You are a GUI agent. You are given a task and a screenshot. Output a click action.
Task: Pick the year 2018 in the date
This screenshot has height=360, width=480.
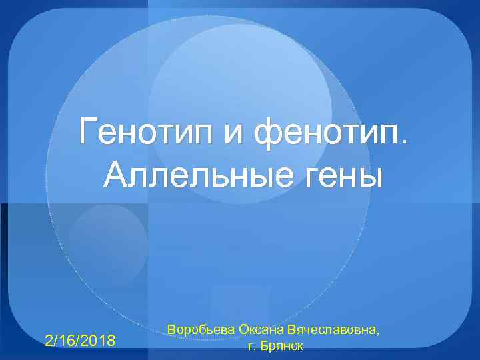point(101,341)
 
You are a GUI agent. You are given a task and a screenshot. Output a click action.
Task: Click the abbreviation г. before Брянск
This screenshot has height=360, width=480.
point(251,347)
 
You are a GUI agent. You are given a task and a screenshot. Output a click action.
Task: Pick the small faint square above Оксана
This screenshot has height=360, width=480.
point(240,303)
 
